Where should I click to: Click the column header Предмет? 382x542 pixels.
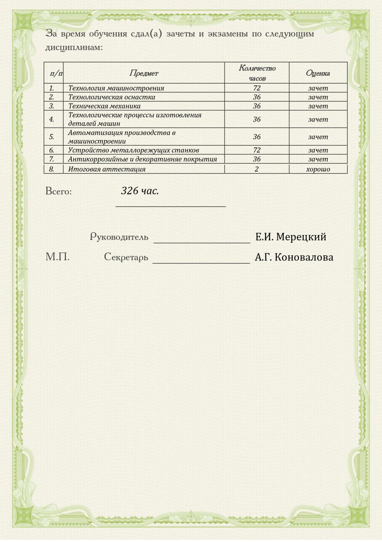point(144,73)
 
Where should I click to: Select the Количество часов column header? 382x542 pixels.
point(257,73)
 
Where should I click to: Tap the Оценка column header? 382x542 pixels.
point(318,73)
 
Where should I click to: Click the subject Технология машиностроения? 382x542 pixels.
point(116,88)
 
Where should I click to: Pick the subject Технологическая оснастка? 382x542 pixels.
point(112,97)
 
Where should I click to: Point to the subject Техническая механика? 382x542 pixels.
point(104,106)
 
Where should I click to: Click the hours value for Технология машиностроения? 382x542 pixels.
point(257,88)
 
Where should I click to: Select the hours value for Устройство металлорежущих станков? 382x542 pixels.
point(257,150)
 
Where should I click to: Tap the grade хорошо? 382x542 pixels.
point(318,169)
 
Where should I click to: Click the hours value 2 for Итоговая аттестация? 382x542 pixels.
point(257,169)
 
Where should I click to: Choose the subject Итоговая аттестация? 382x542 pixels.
point(107,169)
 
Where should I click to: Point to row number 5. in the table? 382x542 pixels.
point(52,137)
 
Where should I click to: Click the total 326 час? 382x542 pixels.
point(140,191)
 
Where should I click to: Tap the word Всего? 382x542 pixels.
point(59,191)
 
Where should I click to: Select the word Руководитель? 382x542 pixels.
point(119,237)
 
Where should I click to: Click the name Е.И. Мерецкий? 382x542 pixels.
point(291,237)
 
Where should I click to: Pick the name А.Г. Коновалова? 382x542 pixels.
point(294,257)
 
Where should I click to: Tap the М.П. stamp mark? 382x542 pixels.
point(57,257)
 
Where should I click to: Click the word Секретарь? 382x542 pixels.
point(126,257)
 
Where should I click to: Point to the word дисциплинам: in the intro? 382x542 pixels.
point(74,47)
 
